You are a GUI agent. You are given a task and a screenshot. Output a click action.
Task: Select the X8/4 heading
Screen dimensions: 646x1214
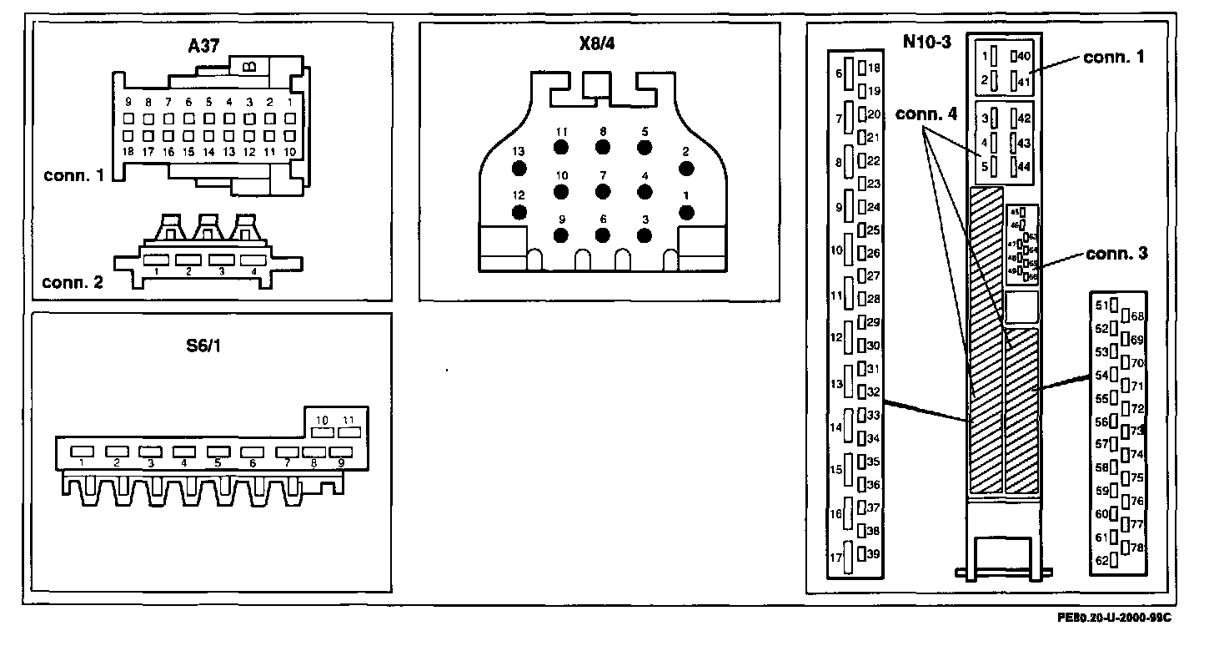(598, 43)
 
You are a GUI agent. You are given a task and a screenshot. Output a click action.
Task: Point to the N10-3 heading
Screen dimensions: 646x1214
(926, 43)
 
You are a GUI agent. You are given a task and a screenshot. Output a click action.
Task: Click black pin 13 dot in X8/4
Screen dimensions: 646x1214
(519, 169)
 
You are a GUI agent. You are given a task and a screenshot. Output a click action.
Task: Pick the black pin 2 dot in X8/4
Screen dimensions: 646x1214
(686, 169)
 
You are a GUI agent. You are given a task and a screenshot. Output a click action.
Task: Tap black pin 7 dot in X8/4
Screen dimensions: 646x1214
(602, 191)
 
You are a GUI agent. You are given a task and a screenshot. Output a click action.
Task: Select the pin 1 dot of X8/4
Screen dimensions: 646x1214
(686, 212)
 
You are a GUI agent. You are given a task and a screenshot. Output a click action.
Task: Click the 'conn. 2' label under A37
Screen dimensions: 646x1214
(73, 282)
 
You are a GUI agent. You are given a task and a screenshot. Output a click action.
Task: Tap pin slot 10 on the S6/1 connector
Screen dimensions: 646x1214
(322, 432)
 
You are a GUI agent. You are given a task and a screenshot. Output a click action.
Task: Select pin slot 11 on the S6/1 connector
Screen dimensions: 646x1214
(349, 432)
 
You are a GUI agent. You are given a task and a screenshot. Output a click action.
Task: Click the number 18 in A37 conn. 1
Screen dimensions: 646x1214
(128, 152)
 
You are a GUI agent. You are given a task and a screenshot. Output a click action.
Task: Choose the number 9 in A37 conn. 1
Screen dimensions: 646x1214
(128, 102)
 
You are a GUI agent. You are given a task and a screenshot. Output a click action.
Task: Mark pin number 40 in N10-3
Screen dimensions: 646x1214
(1025, 56)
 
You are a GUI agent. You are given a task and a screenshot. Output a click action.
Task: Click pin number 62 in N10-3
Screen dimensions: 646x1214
(1101, 560)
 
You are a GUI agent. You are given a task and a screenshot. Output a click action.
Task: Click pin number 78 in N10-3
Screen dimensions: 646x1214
(1137, 547)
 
